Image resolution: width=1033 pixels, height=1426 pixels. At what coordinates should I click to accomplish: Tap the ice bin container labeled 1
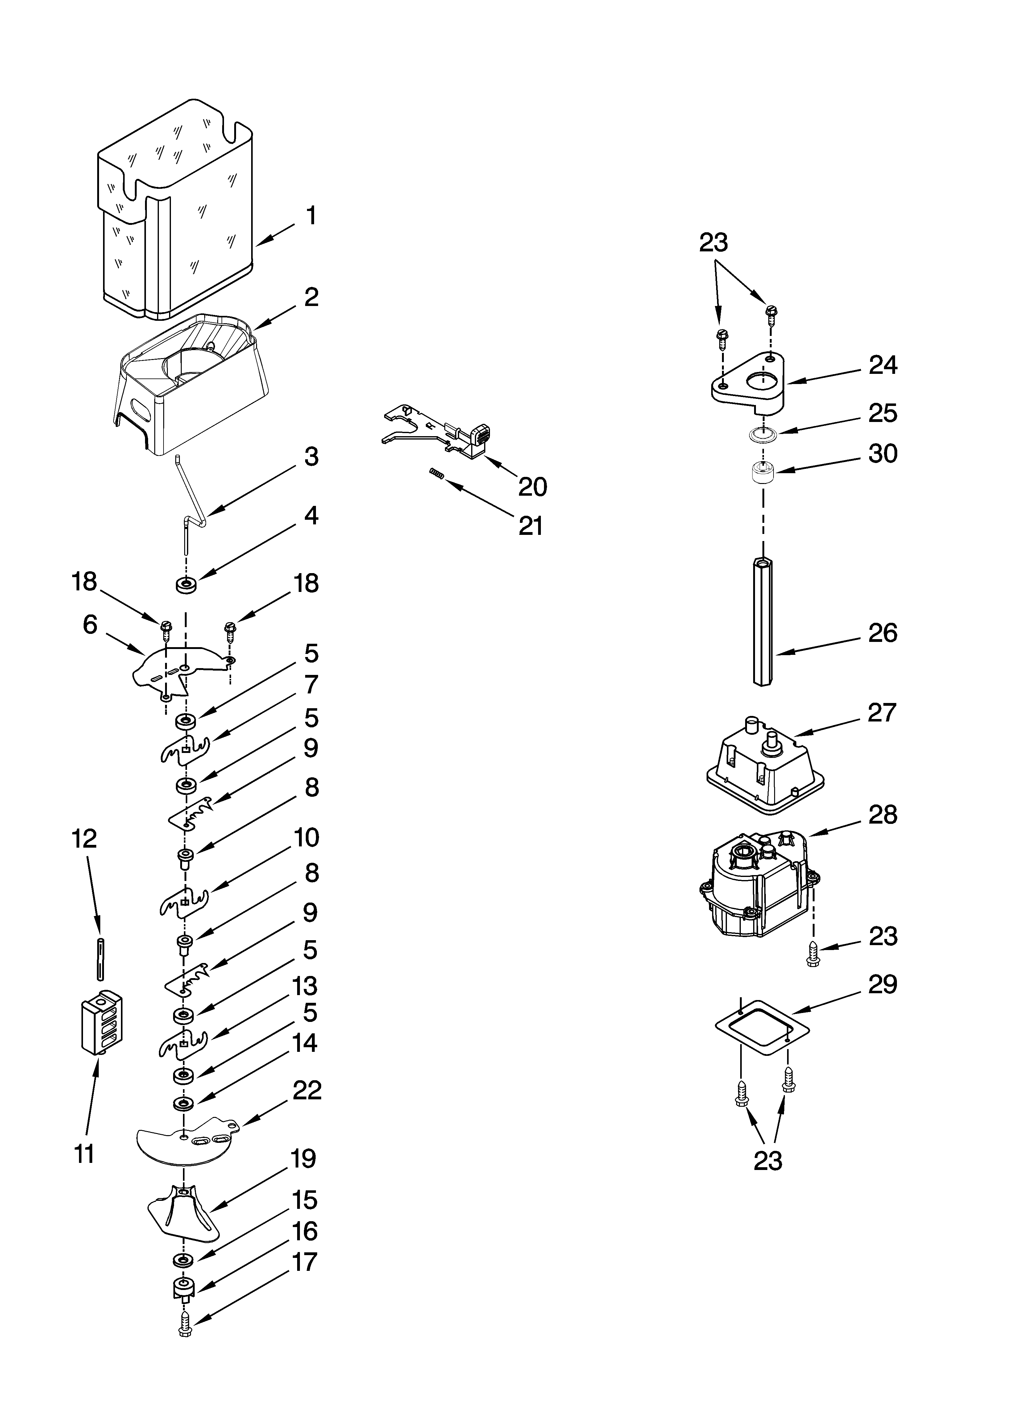coord(176,214)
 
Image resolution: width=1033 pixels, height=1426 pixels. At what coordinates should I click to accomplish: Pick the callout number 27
coord(882,712)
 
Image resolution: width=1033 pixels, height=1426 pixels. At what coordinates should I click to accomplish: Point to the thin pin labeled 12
coord(99,959)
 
